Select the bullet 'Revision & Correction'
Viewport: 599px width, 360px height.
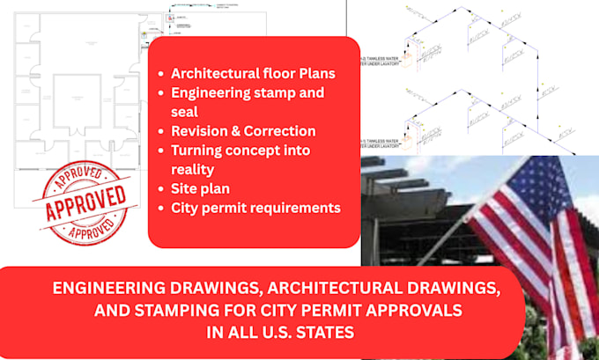[x=243, y=131]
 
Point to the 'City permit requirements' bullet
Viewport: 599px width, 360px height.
[x=255, y=209]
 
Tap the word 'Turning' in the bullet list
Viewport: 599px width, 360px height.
[x=198, y=151]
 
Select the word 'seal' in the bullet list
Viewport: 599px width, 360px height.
[x=187, y=112]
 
